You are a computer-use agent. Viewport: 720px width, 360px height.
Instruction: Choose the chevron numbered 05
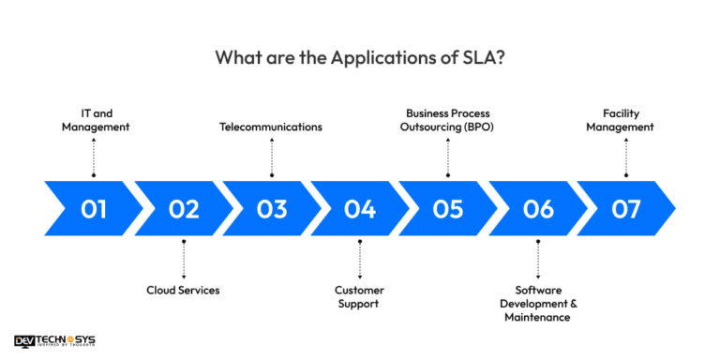448,209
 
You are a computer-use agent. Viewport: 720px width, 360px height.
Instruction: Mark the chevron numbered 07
625,209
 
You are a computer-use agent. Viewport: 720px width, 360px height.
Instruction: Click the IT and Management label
94,120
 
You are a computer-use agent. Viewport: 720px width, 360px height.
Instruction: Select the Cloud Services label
183,291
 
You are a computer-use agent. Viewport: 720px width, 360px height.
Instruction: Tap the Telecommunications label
271,127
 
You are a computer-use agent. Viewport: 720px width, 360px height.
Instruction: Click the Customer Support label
360,297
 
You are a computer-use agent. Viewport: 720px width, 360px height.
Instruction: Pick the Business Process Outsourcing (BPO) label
448,120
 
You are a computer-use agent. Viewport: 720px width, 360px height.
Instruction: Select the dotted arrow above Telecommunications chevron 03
272,157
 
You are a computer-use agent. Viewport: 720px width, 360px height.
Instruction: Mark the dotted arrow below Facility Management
626,157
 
